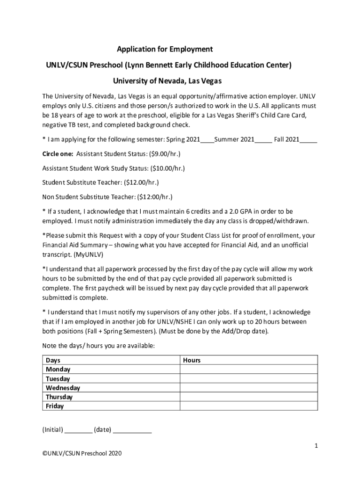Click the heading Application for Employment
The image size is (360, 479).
165,49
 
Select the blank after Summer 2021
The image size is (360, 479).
263,140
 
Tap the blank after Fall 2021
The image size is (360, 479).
309,140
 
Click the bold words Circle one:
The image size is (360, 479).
58,153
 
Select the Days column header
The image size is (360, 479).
53,360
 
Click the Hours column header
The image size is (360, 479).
192,360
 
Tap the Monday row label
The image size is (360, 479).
58,370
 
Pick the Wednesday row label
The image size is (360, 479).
63,388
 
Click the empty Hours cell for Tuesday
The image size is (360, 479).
249,378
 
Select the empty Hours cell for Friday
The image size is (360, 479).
249,406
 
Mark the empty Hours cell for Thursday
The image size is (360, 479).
249,397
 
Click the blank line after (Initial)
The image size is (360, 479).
78,430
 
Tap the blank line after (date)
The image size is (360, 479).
132,430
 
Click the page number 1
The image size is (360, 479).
316,446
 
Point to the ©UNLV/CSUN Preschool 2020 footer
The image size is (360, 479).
82,453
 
